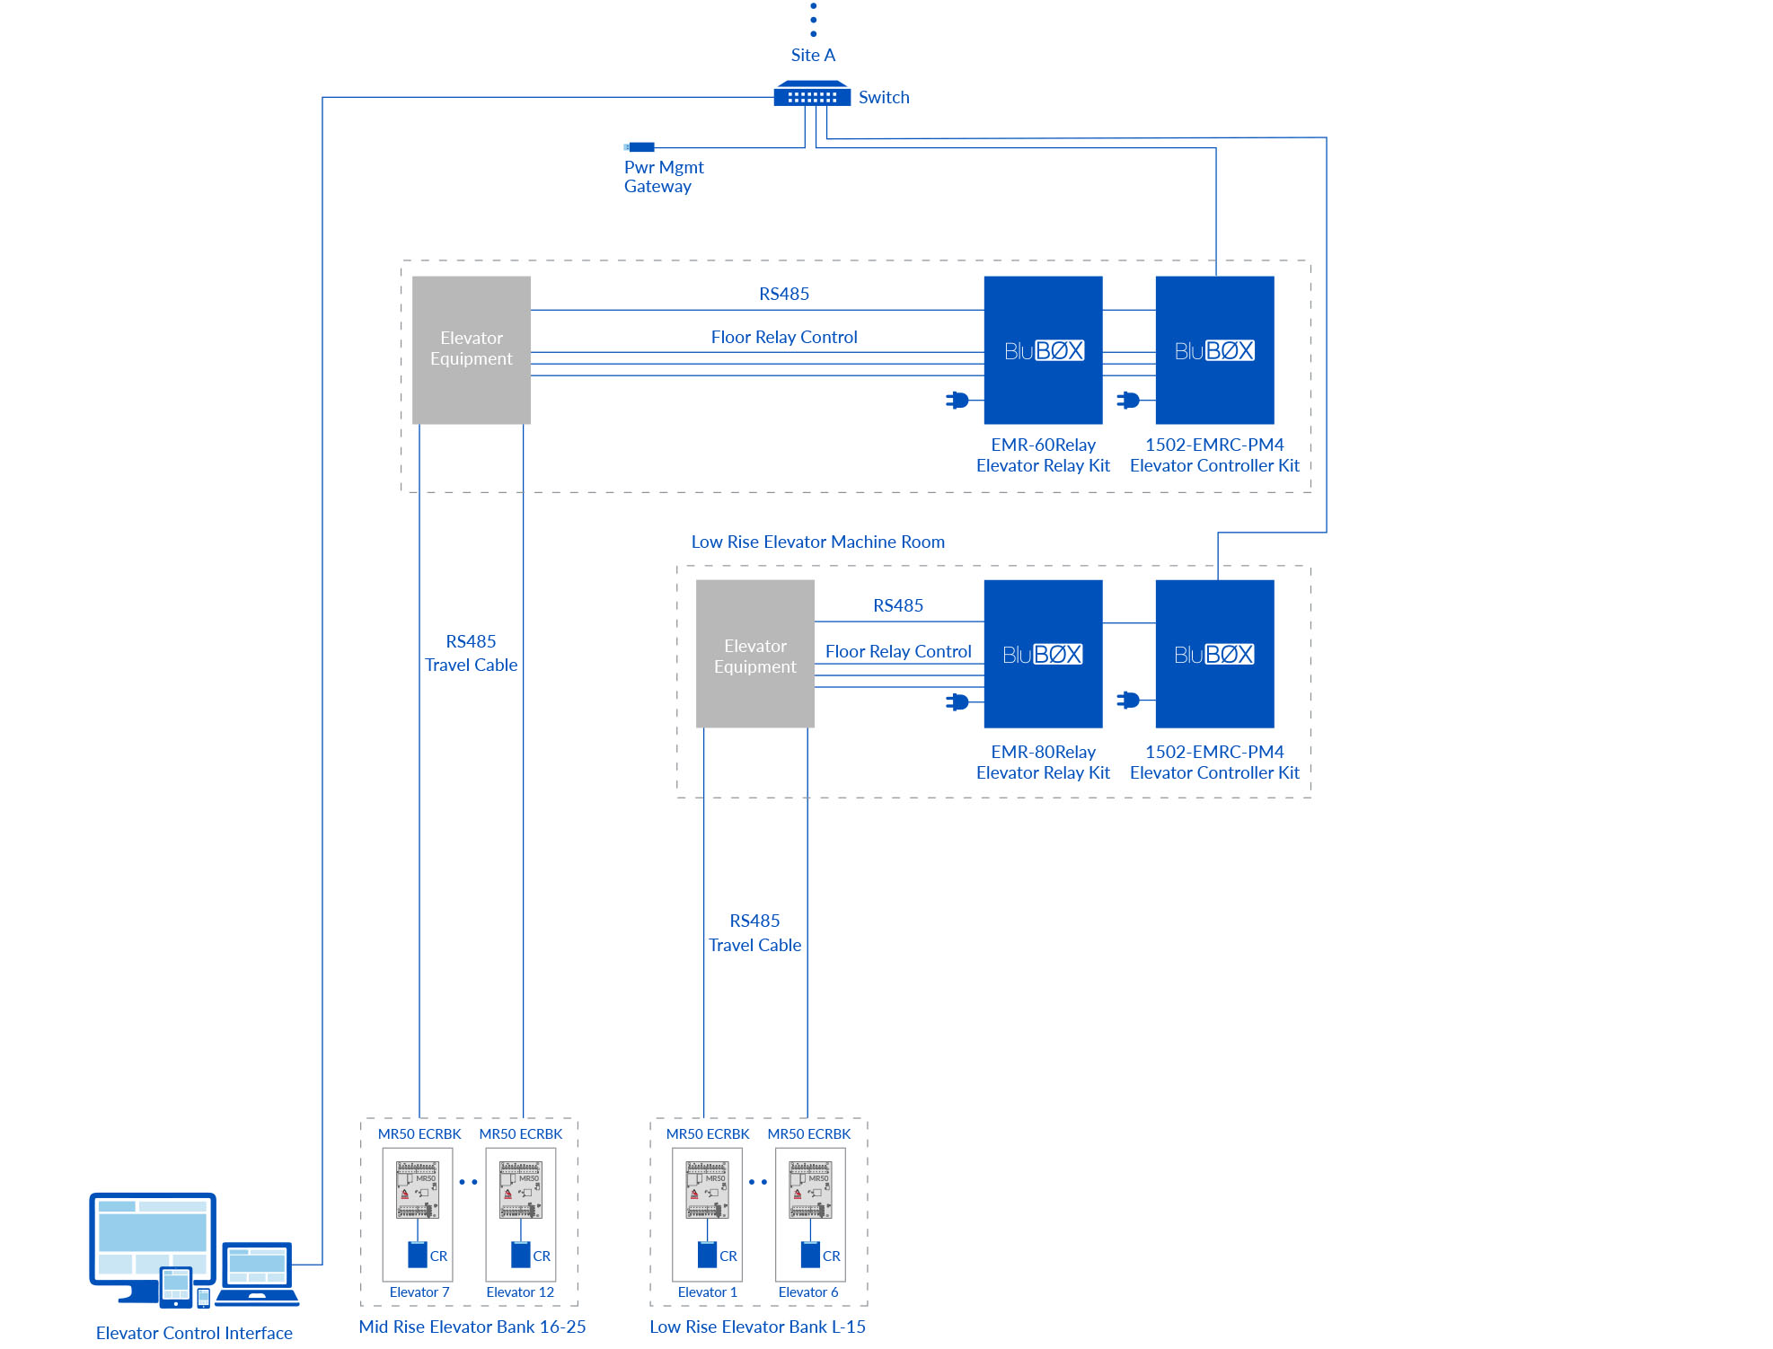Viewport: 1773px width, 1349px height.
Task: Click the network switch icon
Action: coord(812,94)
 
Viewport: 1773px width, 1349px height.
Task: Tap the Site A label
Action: coord(813,55)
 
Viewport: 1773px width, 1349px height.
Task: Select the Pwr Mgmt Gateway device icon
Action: coord(640,146)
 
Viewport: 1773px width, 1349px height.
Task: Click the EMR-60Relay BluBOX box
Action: coord(1043,349)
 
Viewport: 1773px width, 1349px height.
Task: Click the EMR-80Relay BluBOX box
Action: coord(1043,653)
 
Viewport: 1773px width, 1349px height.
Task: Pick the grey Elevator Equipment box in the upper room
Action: coord(471,349)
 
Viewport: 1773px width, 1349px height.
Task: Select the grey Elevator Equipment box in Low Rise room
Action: coord(754,653)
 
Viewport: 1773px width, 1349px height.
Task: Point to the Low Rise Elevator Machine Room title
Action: coord(817,542)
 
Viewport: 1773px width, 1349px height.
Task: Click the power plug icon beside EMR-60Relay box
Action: coord(957,400)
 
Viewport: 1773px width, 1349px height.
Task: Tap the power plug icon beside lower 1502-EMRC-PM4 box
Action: coord(1128,700)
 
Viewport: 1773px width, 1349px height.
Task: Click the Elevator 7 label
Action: coord(419,1292)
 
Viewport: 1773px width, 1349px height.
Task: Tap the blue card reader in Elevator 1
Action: coord(707,1255)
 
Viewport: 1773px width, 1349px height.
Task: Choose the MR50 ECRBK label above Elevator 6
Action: coord(808,1133)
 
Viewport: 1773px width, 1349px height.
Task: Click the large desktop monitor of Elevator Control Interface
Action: coord(153,1235)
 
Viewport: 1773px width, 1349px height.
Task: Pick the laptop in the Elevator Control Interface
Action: coord(257,1273)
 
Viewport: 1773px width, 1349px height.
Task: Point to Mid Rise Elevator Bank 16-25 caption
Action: coord(472,1327)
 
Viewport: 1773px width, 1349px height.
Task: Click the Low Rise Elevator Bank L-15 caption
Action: coord(757,1327)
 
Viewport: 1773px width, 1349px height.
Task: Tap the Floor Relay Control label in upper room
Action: coord(783,337)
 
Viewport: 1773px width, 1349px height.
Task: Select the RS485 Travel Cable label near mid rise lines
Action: coord(471,653)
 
